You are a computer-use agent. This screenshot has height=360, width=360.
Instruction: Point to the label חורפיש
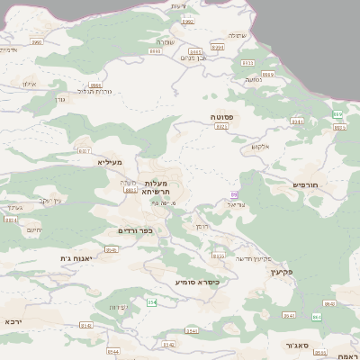pyautogui.click(x=307, y=184)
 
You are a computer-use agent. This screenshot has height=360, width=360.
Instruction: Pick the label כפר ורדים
pyautogui.click(x=136, y=230)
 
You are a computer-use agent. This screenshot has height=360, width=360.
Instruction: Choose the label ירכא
pyautogui.click(x=12, y=321)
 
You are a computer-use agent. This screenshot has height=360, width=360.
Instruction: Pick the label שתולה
pyautogui.click(x=237, y=35)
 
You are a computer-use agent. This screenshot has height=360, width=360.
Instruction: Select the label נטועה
pyautogui.click(x=253, y=79)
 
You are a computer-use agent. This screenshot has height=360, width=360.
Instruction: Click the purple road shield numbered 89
pyautogui.click(x=235, y=193)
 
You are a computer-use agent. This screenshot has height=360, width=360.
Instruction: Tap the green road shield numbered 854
pyautogui.click(x=152, y=302)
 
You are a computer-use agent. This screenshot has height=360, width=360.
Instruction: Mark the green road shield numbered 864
pyautogui.click(x=317, y=317)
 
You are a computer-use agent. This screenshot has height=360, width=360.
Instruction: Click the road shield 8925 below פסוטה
pyautogui.click(x=221, y=127)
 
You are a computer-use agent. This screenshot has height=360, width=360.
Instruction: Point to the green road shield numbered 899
pyautogui.click(x=337, y=114)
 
